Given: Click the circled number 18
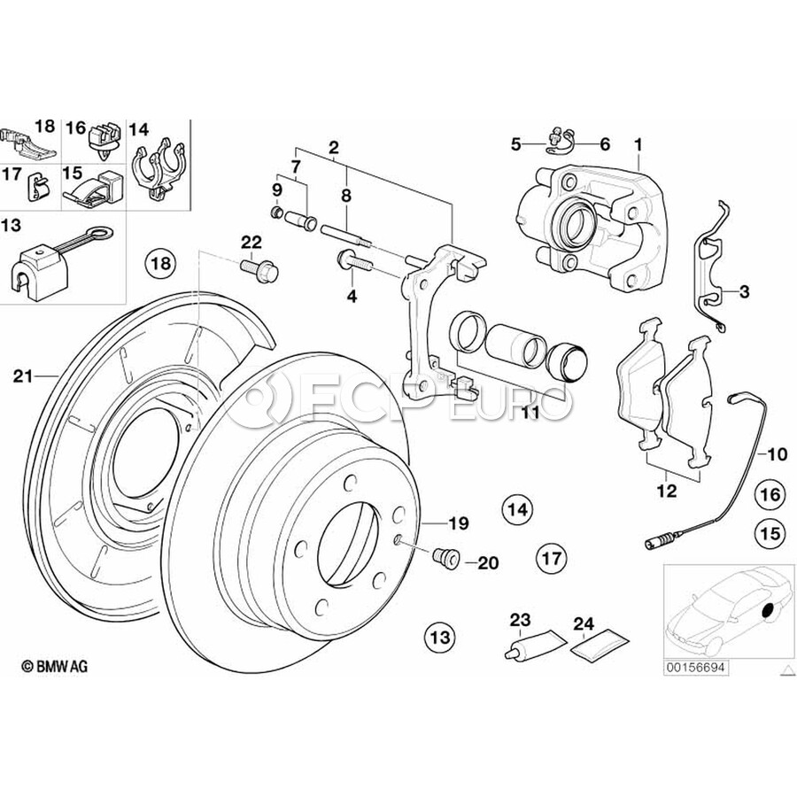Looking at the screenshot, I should [162, 263].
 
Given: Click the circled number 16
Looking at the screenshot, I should [768, 494].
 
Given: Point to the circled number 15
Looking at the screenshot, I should [768, 533].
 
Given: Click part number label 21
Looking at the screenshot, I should [24, 376].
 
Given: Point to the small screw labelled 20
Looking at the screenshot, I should [445, 557].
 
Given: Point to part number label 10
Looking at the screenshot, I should [776, 455].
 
